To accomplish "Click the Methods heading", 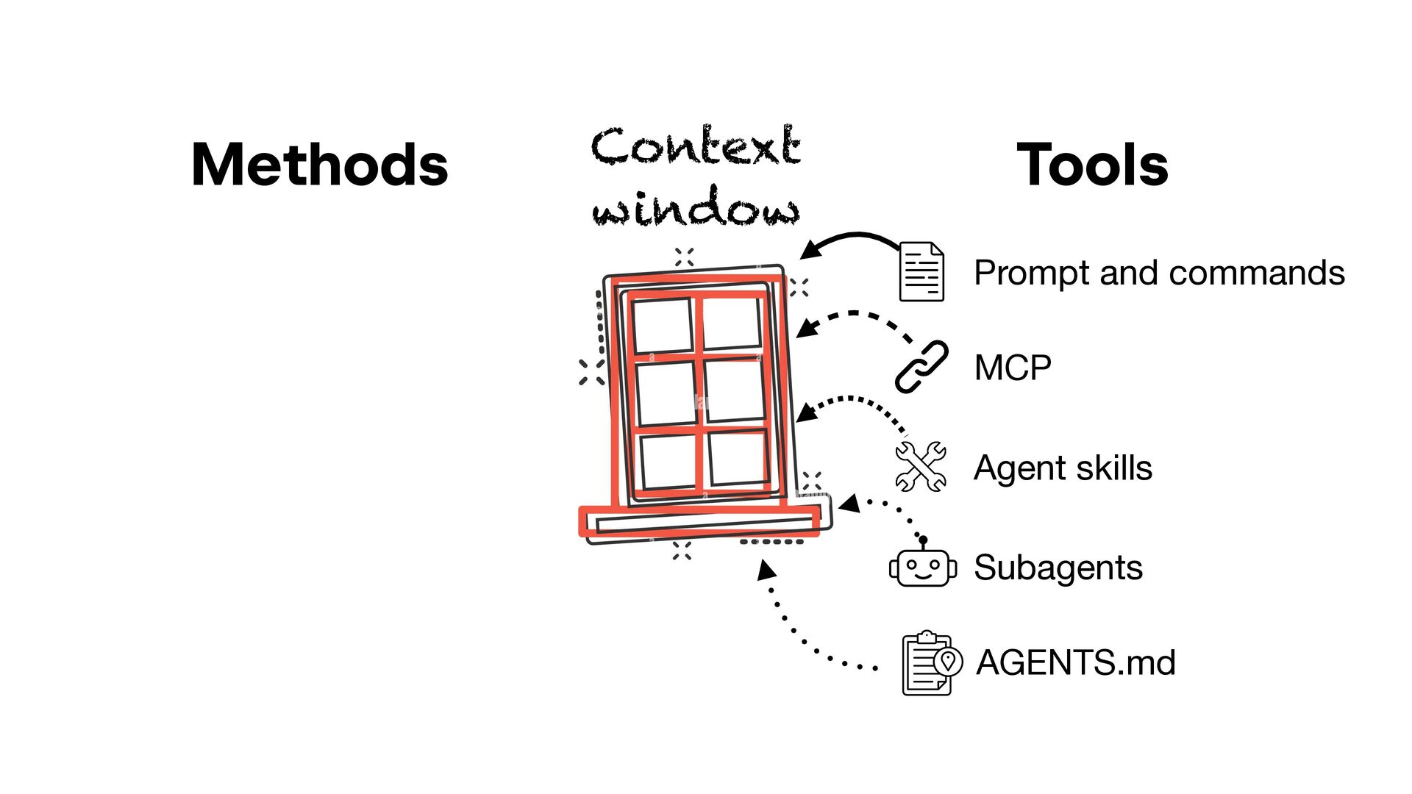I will (319, 165).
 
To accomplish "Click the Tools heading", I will (1092, 165).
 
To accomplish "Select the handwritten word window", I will (695, 207).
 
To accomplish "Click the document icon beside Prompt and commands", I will (921, 272).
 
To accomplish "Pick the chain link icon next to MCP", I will (921, 367).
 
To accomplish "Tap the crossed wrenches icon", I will (921, 466).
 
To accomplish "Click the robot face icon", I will (923, 567).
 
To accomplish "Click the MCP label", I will (1013, 368).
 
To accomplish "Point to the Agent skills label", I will (1063, 468).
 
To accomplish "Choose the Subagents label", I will (1058, 568).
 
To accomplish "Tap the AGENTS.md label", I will (1076, 662).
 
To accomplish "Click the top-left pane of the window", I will (662, 324).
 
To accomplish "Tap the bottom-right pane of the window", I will (737, 457).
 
